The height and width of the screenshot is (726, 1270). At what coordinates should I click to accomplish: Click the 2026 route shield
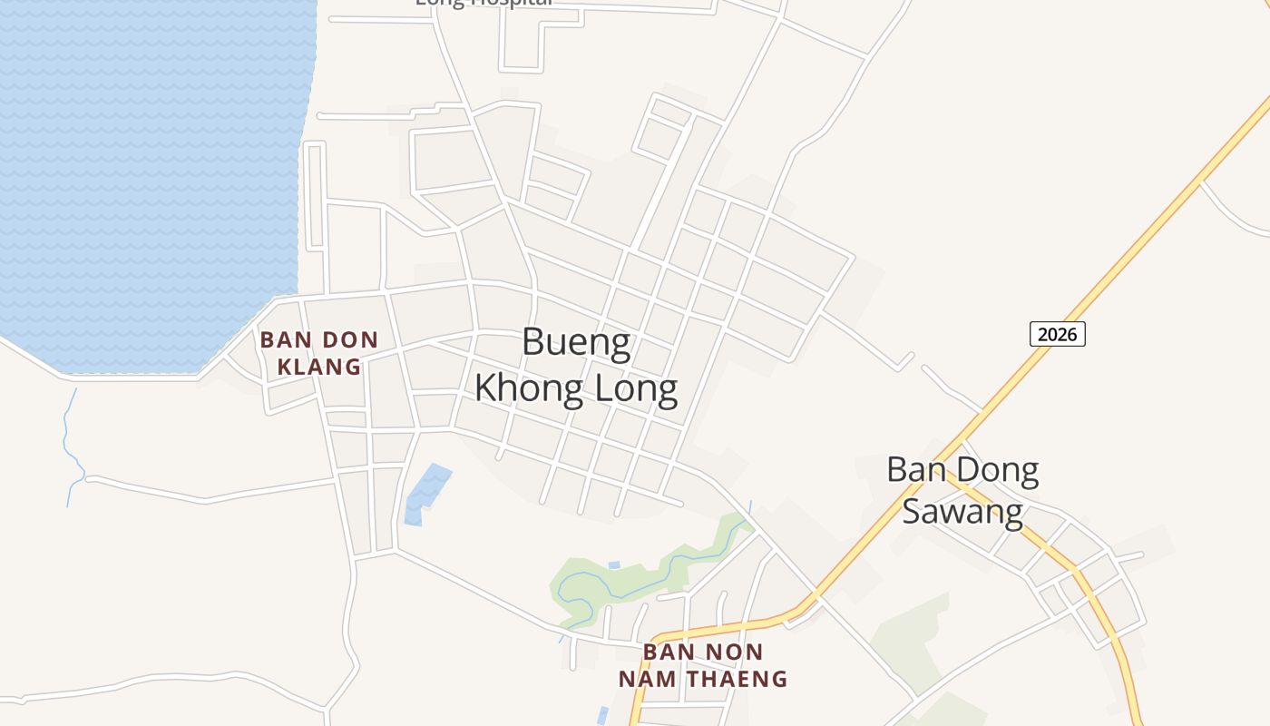click(1057, 334)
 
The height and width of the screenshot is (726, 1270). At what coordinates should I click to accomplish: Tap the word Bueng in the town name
click(576, 344)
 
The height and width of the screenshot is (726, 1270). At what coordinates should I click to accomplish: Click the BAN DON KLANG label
click(318, 353)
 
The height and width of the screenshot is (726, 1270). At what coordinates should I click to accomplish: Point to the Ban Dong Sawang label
click(962, 490)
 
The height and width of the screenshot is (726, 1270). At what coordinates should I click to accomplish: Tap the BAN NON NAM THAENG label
click(703, 665)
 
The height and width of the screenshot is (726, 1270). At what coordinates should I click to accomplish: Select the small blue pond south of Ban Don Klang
click(426, 490)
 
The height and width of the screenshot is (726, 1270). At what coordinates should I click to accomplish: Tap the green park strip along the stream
click(635, 577)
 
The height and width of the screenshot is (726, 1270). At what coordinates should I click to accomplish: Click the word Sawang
click(962, 511)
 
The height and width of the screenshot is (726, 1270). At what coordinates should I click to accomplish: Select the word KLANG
click(318, 367)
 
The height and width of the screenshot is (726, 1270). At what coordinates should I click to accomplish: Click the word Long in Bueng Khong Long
click(635, 388)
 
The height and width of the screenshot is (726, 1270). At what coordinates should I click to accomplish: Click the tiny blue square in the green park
click(614, 565)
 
